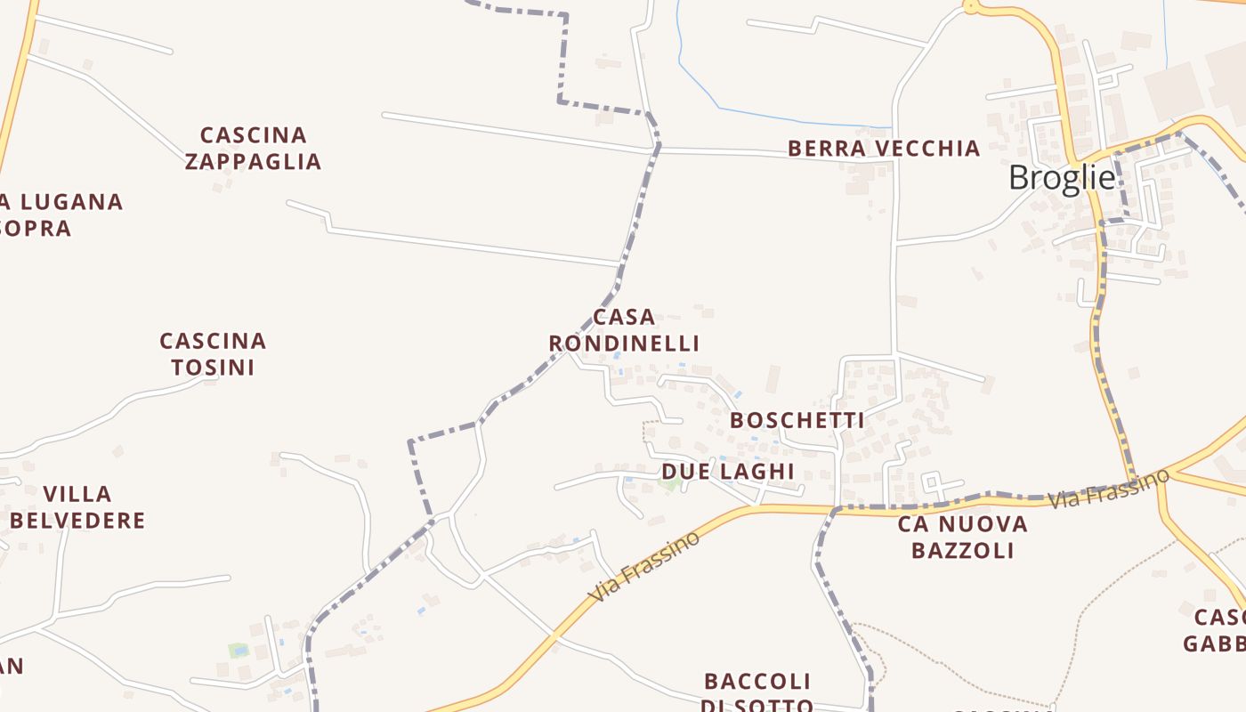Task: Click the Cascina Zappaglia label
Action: tap(253, 149)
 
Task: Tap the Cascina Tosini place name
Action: tap(213, 354)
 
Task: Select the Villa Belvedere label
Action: tap(77, 507)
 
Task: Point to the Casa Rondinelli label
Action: tap(624, 330)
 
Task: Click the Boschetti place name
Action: tap(797, 420)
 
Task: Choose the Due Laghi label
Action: tap(727, 471)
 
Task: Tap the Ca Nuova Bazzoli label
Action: tap(962, 537)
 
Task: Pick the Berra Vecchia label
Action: tap(884, 148)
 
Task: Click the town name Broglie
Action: tap(1061, 178)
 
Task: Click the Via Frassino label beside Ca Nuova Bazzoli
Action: tap(1108, 489)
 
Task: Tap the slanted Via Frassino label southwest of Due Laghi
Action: tap(643, 566)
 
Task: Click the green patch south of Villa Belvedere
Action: tap(238, 651)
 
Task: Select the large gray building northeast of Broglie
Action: tap(1173, 92)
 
